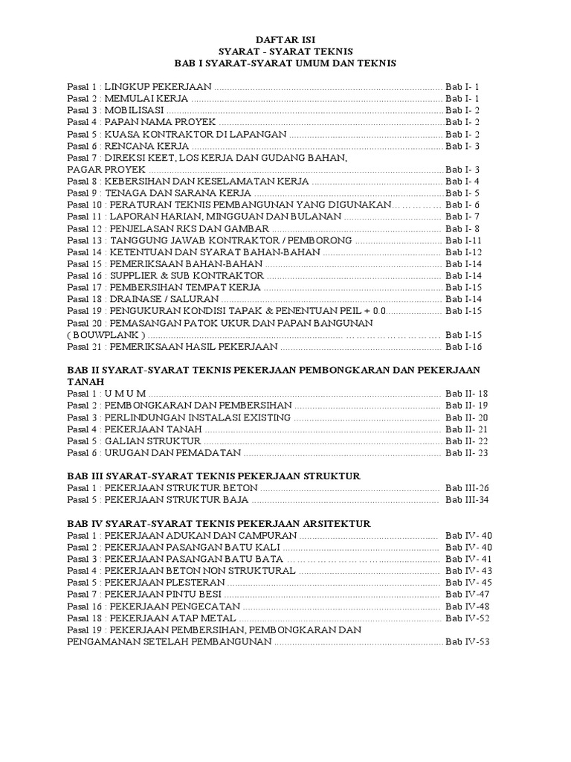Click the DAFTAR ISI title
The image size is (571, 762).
pyautogui.click(x=285, y=37)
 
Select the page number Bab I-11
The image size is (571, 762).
pyautogui.click(x=464, y=240)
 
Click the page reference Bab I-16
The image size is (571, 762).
pyautogui.click(x=464, y=347)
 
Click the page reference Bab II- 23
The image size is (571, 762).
pyautogui.click(x=466, y=452)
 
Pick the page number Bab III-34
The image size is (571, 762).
pyautogui.click(x=466, y=499)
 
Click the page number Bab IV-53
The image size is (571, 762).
pyautogui.click(x=468, y=641)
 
